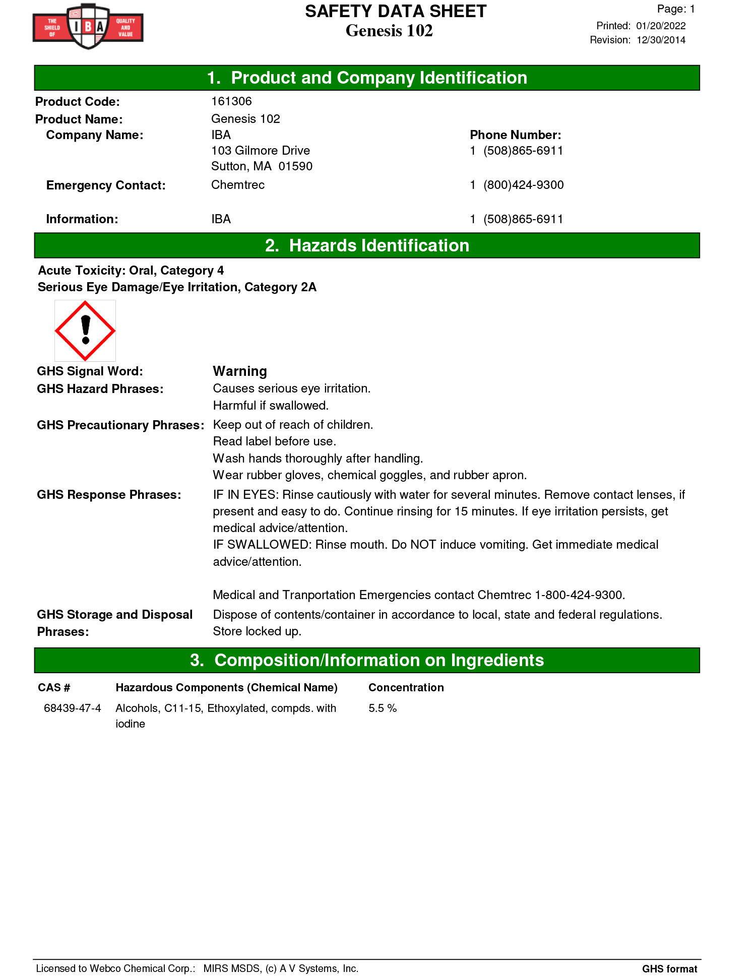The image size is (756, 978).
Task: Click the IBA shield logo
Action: [x=88, y=26]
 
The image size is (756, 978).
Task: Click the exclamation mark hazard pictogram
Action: [x=85, y=331]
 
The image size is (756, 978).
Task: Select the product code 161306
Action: [x=231, y=101]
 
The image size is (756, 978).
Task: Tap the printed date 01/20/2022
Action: [x=661, y=26]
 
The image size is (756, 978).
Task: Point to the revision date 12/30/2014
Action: [x=661, y=40]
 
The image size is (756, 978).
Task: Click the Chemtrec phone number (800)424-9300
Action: [x=523, y=185]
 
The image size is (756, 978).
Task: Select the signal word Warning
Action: [x=240, y=371]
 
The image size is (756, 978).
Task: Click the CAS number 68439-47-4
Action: [x=73, y=708]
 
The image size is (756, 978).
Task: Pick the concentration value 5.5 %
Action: [x=383, y=708]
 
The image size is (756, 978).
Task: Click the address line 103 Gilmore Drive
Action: [x=261, y=151]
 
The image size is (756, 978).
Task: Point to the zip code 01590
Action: [x=295, y=166]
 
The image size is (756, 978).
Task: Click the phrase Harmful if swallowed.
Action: [x=271, y=406]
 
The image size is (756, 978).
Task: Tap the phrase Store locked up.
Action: [x=257, y=631]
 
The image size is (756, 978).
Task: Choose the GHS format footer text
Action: [x=669, y=968]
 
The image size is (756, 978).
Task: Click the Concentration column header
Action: [x=406, y=688]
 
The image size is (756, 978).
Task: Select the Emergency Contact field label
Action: [x=106, y=185]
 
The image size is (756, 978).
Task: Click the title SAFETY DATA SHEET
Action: [x=396, y=12]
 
